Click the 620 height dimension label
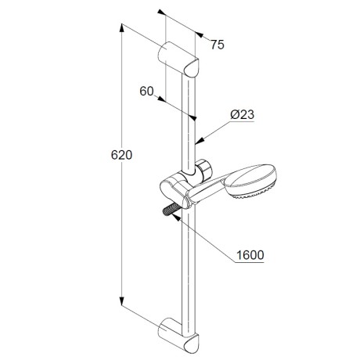[121, 155]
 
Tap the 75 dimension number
[218, 45]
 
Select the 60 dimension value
[146, 92]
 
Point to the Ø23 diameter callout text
[242, 114]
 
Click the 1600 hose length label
[250, 255]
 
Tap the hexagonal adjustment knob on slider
[203, 168]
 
